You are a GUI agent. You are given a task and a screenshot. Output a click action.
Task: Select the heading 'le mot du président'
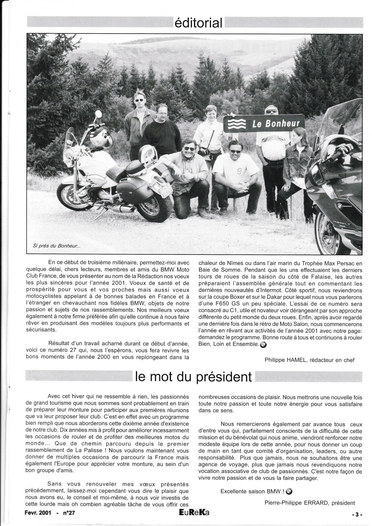pyautogui.click(x=193, y=377)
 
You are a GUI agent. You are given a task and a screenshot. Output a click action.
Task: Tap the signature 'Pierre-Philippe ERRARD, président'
pyautogui.click(x=310, y=503)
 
